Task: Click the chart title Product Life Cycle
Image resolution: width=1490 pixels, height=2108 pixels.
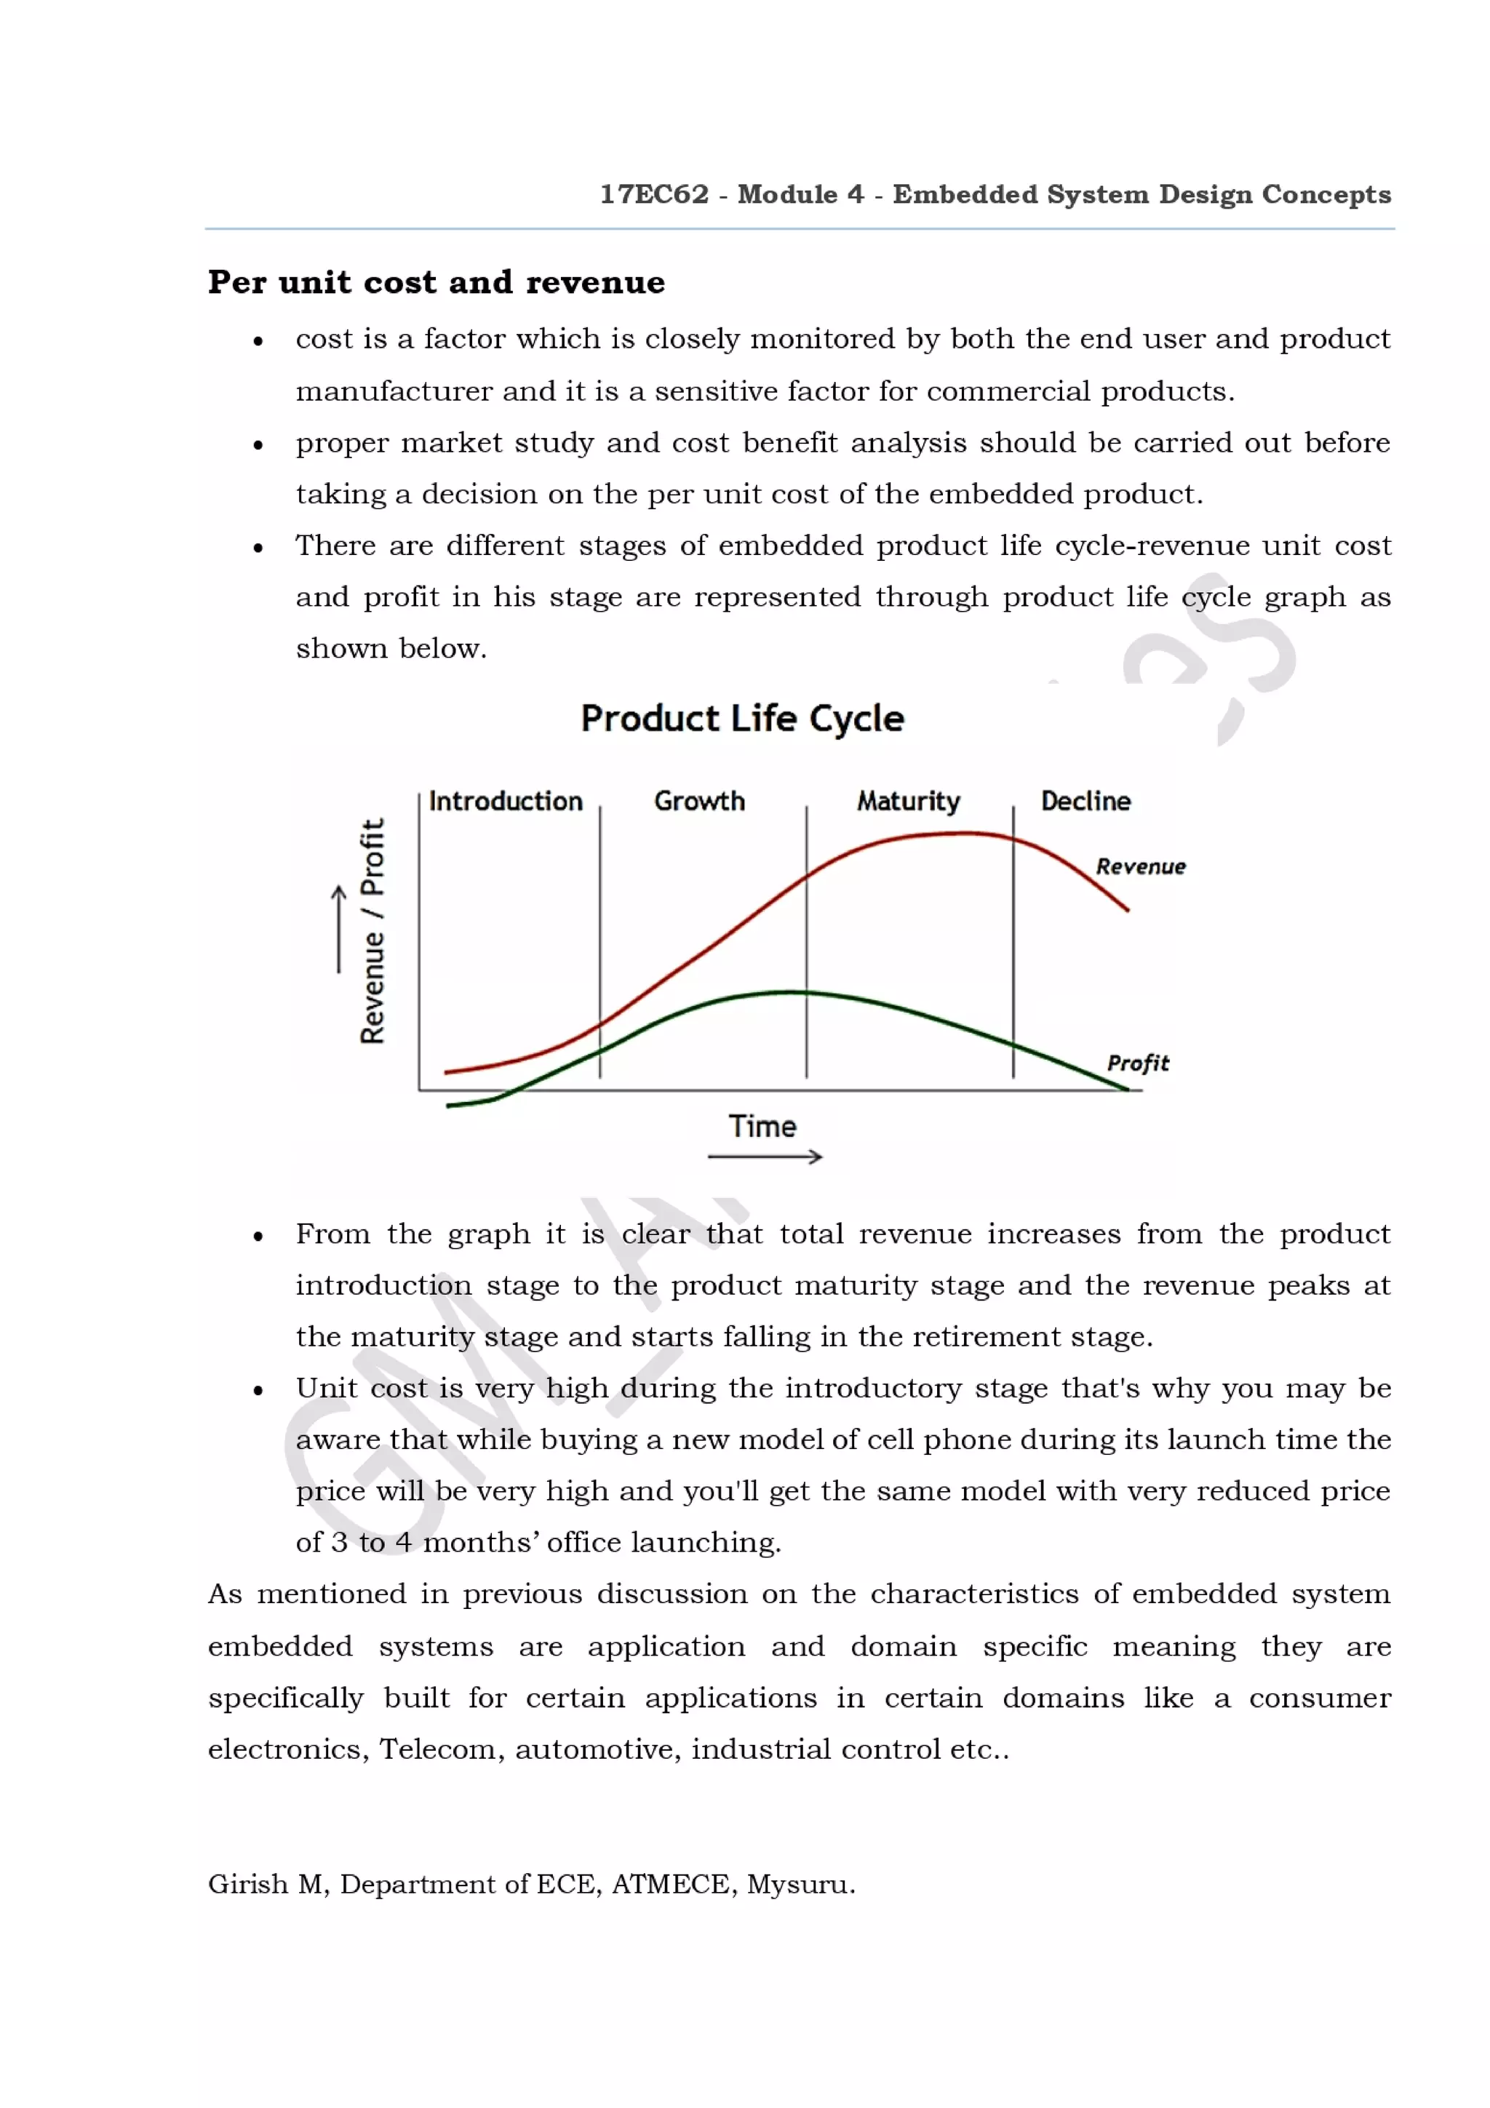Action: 742,718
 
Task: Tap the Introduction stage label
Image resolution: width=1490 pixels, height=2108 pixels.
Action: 505,801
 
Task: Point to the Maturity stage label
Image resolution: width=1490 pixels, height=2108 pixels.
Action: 908,802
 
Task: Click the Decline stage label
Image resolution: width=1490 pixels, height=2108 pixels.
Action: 1085,801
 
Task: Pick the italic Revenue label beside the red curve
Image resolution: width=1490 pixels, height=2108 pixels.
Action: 1140,867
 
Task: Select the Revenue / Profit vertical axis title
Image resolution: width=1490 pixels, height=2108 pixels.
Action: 372,931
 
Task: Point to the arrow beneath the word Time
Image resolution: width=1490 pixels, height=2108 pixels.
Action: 765,1157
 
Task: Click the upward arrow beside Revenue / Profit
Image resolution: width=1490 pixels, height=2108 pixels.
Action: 339,928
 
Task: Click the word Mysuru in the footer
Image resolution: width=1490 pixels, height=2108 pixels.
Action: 800,1885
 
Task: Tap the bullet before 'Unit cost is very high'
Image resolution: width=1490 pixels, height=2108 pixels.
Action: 259,1391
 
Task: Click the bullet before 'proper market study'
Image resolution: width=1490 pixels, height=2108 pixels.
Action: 259,445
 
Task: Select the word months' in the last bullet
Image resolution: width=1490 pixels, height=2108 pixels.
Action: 481,1542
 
